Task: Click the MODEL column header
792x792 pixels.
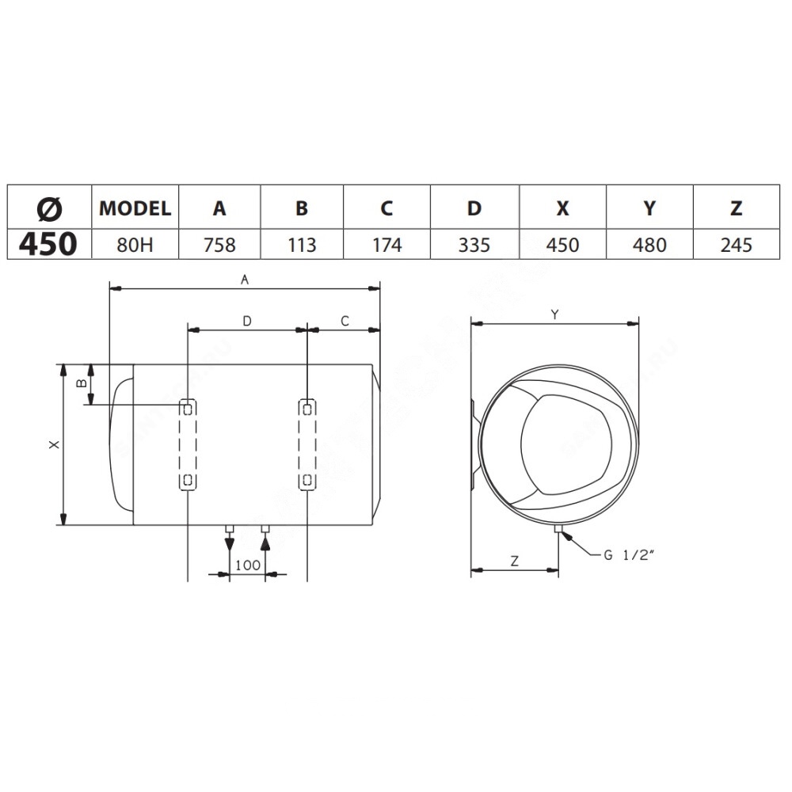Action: pyautogui.click(x=135, y=208)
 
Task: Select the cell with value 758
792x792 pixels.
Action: pyautogui.click(x=219, y=245)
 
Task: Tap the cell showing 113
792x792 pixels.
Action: pyautogui.click(x=302, y=245)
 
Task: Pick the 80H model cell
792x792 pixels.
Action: pyautogui.click(x=135, y=245)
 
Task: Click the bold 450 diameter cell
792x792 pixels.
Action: pyautogui.click(x=48, y=244)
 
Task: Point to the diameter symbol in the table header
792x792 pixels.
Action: pyautogui.click(x=49, y=208)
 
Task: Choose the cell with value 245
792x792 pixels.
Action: pyautogui.click(x=737, y=245)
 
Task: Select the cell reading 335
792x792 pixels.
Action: pyautogui.click(x=474, y=245)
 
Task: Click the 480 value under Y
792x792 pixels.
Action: pyautogui.click(x=649, y=245)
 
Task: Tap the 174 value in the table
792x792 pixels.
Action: pyautogui.click(x=387, y=245)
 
